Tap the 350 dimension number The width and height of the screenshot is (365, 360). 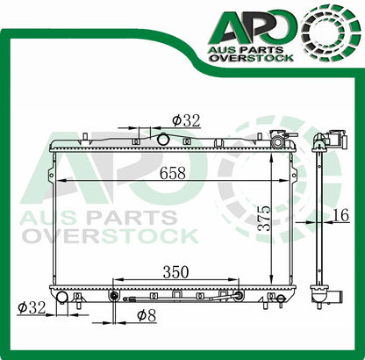pyautogui.click(x=175, y=273)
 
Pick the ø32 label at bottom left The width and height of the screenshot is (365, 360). pyautogui.click(x=32, y=307)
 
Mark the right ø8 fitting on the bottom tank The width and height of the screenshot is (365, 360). pyautogui.click(x=236, y=295)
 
